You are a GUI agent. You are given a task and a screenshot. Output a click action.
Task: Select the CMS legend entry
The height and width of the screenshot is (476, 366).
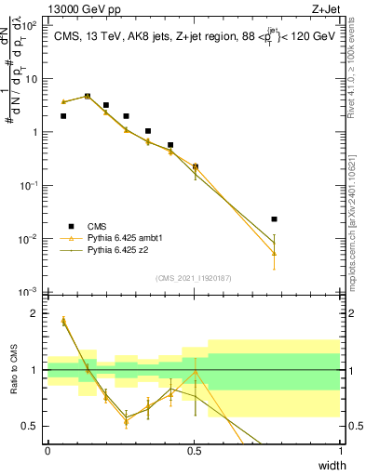tap(96, 225)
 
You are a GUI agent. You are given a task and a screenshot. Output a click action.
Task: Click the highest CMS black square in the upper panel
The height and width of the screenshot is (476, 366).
tap(88, 96)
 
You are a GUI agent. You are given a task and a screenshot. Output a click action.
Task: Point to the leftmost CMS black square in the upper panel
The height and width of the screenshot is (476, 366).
tap(63, 116)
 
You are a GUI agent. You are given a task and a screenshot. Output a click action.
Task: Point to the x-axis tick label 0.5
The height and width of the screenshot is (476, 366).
tap(194, 450)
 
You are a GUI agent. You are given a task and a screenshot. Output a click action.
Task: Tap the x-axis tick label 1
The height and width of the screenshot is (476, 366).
tap(340, 450)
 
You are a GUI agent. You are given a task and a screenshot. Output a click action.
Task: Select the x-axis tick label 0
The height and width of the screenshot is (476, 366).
tap(47, 450)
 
